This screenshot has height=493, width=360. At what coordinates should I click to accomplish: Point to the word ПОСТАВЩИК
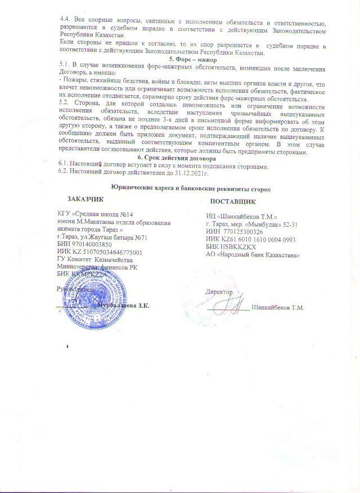point(233,201)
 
